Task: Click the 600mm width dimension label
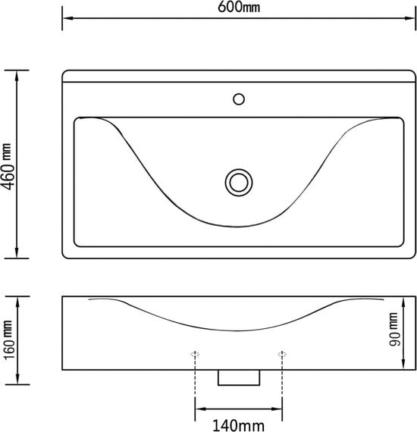tap(239, 7)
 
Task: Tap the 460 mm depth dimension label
tap(8, 167)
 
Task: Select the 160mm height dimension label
tap(8, 340)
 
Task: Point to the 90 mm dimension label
tap(393, 329)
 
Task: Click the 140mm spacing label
tap(239, 425)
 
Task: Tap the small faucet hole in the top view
tap(239, 99)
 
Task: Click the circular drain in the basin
tap(239, 183)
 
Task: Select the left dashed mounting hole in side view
tap(195, 354)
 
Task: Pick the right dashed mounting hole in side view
tap(282, 354)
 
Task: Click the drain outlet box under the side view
tap(239, 377)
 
